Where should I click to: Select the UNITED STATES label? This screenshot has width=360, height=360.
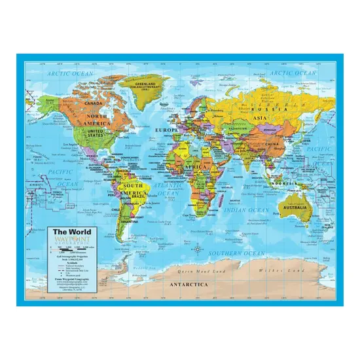(x=96, y=132)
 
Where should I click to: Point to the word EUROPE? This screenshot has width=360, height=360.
(x=166, y=130)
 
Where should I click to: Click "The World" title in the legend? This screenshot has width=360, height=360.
(x=68, y=231)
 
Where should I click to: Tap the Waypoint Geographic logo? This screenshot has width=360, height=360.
(x=68, y=240)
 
